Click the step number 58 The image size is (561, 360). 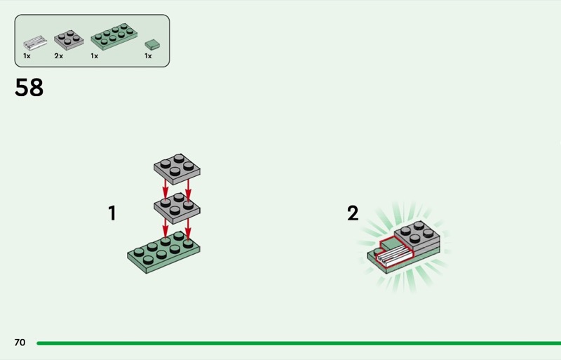click(x=29, y=88)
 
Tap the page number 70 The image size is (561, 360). click(x=20, y=342)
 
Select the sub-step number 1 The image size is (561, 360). click(x=112, y=213)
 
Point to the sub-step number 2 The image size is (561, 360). click(x=353, y=213)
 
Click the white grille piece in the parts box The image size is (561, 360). click(x=35, y=43)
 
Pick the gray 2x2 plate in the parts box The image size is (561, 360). click(x=69, y=39)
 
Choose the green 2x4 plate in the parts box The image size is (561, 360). click(x=114, y=36)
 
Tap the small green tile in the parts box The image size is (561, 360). click(x=152, y=44)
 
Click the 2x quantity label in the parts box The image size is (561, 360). click(x=59, y=56)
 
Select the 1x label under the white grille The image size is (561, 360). click(x=27, y=56)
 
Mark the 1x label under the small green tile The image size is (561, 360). click(x=148, y=56)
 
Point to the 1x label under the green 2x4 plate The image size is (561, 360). click(x=95, y=56)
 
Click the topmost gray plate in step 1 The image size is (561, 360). click(x=177, y=169)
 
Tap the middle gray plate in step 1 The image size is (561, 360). click(x=177, y=209)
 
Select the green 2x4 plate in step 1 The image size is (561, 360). click(x=163, y=252)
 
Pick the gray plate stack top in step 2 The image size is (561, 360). click(x=417, y=233)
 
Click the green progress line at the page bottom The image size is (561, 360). click(x=299, y=343)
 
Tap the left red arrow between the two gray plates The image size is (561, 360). click(x=165, y=190)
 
